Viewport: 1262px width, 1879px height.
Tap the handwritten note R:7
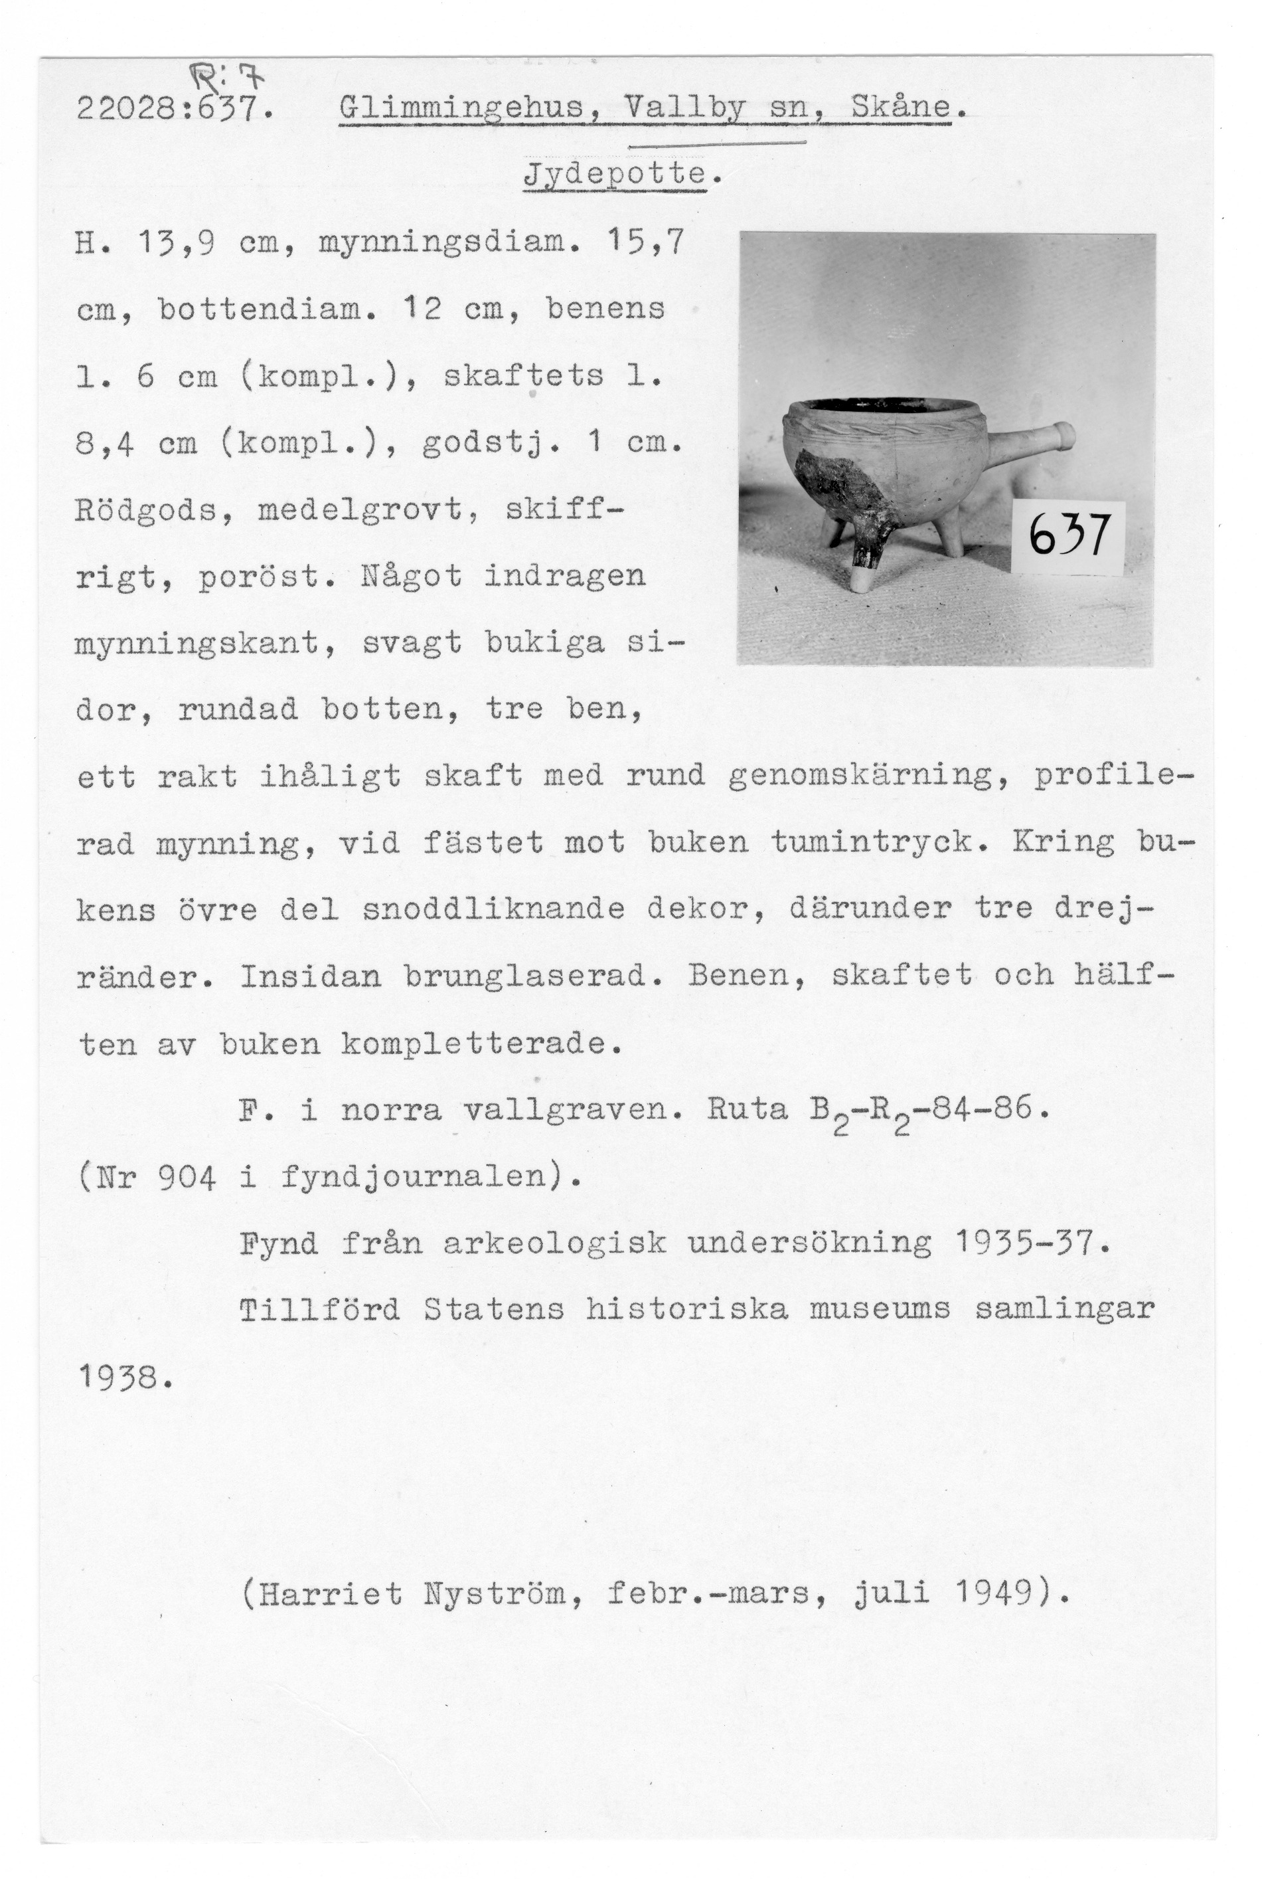(x=228, y=79)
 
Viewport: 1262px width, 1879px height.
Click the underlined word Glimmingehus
(x=462, y=107)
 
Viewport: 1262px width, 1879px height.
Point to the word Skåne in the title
(x=901, y=107)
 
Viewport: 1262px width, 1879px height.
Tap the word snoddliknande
(x=493, y=910)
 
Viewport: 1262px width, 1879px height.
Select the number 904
(x=187, y=1178)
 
